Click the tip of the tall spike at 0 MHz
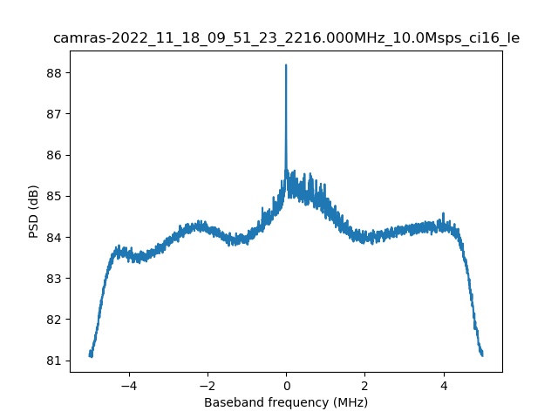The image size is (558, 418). [x=286, y=65]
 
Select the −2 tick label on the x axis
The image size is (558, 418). [x=208, y=385]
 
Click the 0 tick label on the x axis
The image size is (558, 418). [x=286, y=385]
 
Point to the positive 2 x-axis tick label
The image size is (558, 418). [x=364, y=385]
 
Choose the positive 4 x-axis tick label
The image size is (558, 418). [x=443, y=385]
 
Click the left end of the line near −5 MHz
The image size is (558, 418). [x=90, y=354]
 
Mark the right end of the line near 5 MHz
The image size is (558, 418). [x=482, y=354]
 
